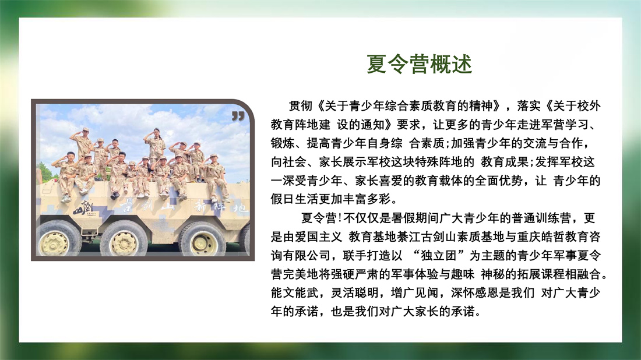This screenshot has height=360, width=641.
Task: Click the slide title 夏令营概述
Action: (420, 64)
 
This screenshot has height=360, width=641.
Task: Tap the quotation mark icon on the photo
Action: (238, 116)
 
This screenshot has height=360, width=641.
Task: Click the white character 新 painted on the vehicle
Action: (201, 206)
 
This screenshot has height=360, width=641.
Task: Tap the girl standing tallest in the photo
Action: (155, 146)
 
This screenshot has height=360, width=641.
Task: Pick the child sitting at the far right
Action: (214, 178)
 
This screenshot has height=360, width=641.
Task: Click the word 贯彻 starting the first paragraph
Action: (301, 106)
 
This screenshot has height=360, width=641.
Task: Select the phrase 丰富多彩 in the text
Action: (367, 199)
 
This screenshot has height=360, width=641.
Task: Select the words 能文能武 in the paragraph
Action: (294, 293)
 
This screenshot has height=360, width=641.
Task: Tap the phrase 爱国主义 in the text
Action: (318, 237)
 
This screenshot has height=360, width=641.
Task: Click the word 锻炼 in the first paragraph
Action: (283, 143)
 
